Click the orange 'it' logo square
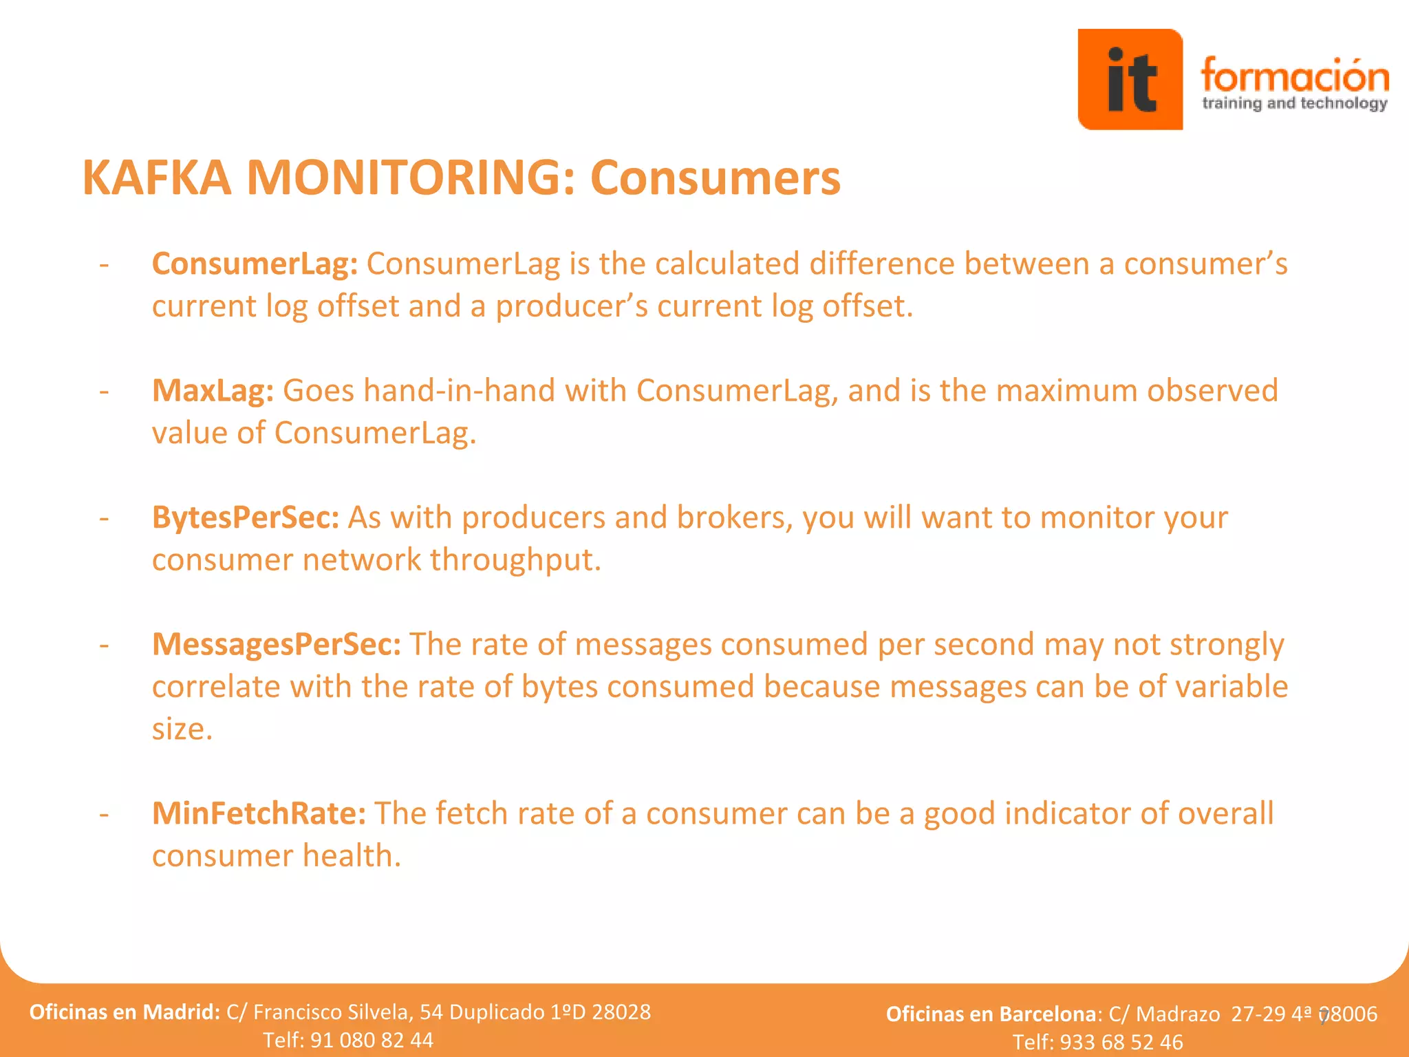tap(1130, 79)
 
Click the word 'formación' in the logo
tap(1294, 76)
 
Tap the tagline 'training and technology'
tap(1294, 104)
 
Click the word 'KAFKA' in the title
tap(157, 178)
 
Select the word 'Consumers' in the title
tap(715, 178)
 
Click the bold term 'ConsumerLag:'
tap(255, 264)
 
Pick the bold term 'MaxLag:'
tap(213, 391)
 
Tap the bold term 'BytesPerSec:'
tap(246, 517)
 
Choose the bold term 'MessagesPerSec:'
tap(276, 645)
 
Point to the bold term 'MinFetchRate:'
tap(259, 813)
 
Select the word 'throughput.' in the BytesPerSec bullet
tap(515, 560)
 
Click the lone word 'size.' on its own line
tap(182, 729)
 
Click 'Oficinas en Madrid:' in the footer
tap(125, 1012)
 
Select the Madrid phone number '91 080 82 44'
tap(372, 1040)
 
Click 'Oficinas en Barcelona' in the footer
tap(991, 1014)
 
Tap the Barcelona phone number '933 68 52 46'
tap(1121, 1042)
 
